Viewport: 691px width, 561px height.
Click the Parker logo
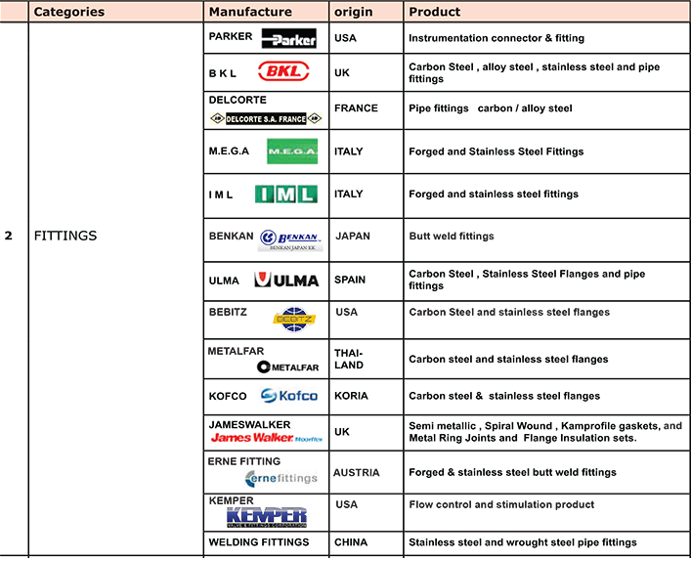point(289,39)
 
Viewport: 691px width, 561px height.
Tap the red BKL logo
point(283,71)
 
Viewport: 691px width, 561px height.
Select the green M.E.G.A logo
point(291,151)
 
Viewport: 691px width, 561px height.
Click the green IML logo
point(286,194)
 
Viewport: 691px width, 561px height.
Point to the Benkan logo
point(290,239)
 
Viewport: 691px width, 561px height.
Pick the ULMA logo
point(286,280)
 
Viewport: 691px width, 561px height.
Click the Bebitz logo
point(294,318)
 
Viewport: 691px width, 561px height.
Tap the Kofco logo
point(289,396)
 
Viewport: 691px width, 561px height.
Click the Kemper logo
point(267,517)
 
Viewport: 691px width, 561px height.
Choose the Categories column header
point(69,12)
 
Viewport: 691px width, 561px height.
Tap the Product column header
point(435,12)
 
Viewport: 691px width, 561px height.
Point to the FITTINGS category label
point(65,236)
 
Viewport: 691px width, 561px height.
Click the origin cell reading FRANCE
point(356,108)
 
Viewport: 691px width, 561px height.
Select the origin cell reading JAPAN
point(354,237)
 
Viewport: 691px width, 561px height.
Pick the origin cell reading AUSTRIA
point(357,472)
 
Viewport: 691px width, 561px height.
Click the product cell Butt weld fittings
point(452,237)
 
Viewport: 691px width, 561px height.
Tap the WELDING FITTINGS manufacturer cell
point(259,541)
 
